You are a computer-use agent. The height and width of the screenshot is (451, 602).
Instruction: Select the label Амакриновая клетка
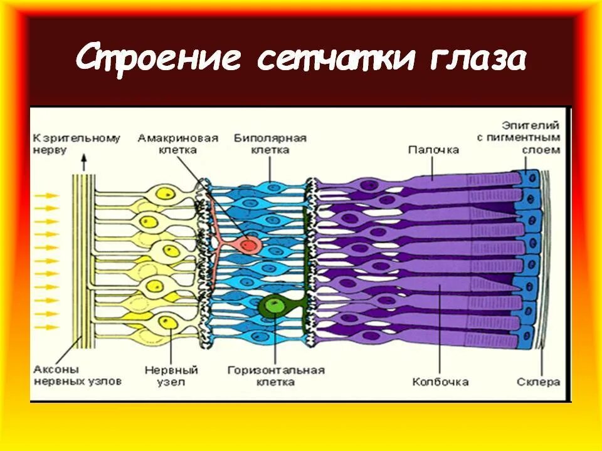(178, 143)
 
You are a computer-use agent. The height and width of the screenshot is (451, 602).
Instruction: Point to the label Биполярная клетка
(270, 143)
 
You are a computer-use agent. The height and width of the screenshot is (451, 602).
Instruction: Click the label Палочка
(433, 150)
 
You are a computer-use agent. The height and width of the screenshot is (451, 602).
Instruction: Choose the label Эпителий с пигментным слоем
(531, 138)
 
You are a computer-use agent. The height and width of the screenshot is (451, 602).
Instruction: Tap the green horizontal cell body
(270, 306)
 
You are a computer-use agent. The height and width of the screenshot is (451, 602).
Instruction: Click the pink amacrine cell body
(248, 244)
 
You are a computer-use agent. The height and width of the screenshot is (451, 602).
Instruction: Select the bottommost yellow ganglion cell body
(168, 322)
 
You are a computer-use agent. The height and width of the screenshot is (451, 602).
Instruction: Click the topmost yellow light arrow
(46, 196)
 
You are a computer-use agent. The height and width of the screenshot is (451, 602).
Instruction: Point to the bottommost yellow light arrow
(46, 328)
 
